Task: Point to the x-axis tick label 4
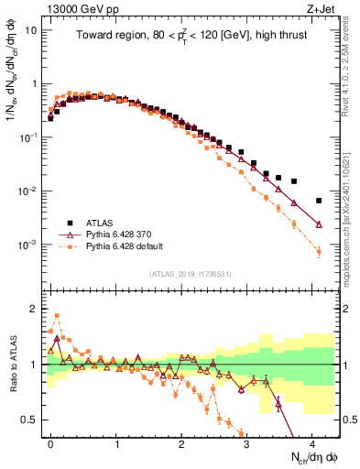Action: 312,442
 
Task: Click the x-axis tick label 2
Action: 181,442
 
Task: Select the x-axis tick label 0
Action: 50,442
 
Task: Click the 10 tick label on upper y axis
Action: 31,29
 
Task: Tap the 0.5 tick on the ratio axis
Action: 29,420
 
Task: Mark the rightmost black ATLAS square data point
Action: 319,201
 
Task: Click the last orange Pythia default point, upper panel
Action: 319,252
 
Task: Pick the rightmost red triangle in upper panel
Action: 319,224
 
